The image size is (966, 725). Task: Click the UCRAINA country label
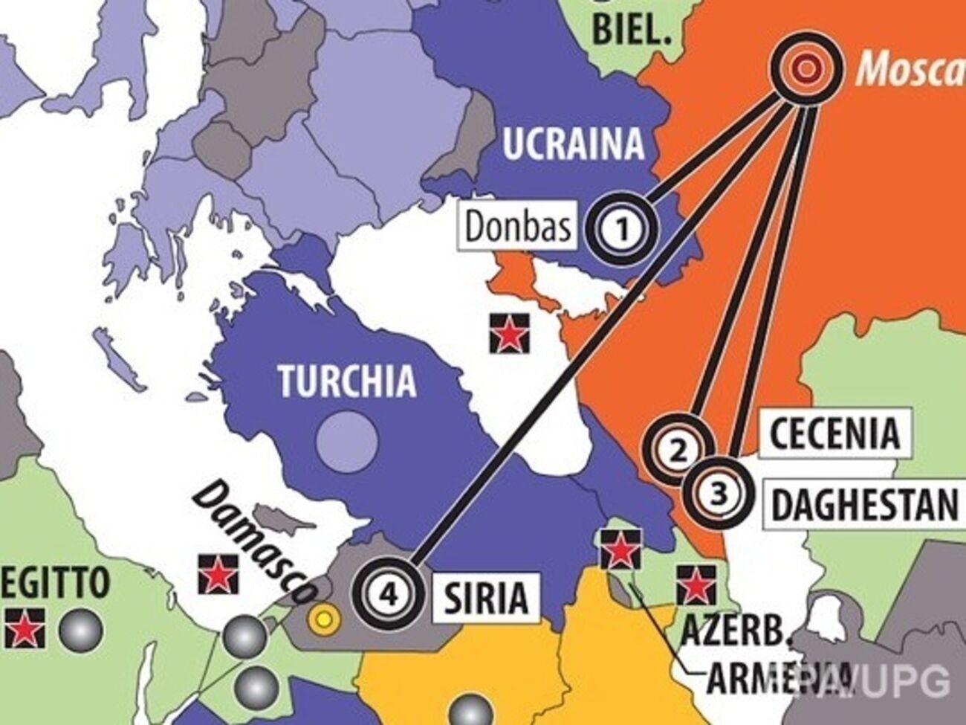pos(573,144)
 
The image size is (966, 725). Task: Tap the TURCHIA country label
pos(347,381)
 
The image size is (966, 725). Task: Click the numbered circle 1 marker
pos(623,228)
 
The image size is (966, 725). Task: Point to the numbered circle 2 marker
pos(678,450)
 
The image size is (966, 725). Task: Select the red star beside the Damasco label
pos(218,573)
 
